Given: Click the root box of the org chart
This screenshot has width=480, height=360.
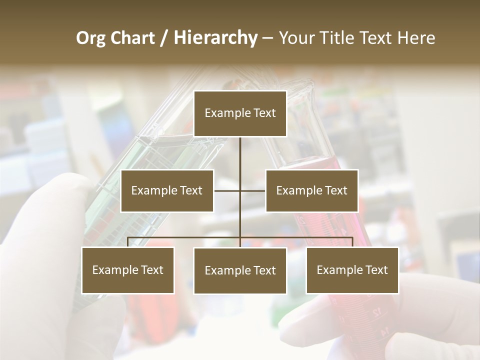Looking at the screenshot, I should click(240, 113).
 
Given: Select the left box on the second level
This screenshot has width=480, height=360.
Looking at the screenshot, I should click(167, 191).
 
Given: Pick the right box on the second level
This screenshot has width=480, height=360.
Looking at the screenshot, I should click(311, 191).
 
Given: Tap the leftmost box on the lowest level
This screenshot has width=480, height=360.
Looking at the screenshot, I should click(128, 270).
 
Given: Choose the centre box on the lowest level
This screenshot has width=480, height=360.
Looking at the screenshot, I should click(240, 270).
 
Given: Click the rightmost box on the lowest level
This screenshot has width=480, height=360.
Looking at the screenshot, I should click(352, 270).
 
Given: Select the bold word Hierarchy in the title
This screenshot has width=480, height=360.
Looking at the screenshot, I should click(215, 38).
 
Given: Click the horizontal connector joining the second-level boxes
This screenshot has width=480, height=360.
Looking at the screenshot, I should click(227, 190).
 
